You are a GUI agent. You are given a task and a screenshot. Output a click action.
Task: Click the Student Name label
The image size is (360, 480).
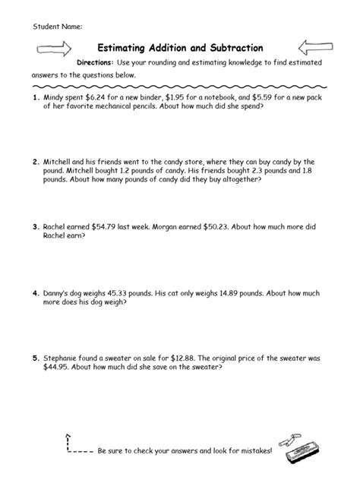point(57,27)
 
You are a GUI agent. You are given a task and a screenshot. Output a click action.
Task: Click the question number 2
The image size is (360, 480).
point(35,162)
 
